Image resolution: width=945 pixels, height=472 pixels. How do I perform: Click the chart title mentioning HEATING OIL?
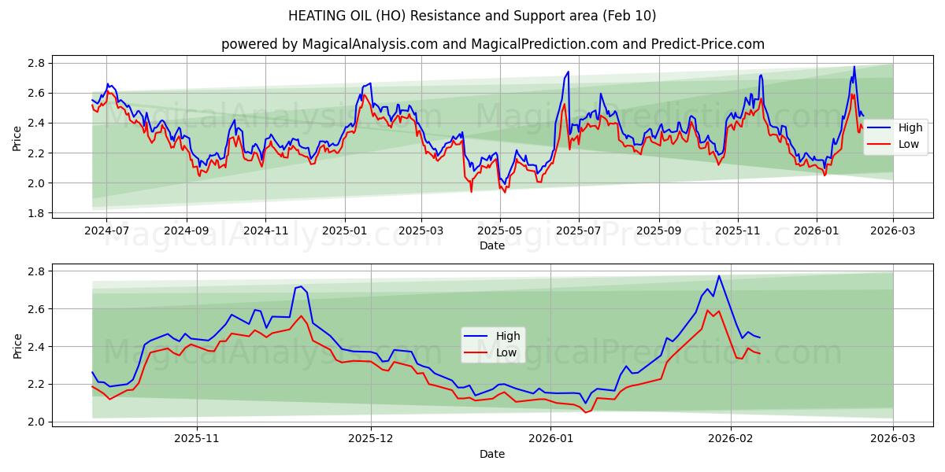(472, 16)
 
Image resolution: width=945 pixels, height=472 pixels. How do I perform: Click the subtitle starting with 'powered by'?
(492, 44)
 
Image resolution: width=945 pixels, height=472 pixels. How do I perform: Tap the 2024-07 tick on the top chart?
(106, 232)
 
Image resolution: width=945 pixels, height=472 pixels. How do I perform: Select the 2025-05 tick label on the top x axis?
(500, 232)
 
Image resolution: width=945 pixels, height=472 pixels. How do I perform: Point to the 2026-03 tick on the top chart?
(893, 232)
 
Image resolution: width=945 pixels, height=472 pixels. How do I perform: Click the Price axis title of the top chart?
(17, 138)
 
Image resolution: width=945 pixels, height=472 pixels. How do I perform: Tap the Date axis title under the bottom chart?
(492, 454)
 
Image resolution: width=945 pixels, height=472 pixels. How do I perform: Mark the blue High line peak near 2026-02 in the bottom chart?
(718, 276)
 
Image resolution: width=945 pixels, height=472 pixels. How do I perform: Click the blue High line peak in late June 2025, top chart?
(568, 72)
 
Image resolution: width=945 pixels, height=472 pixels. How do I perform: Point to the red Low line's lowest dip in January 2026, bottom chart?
(585, 412)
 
